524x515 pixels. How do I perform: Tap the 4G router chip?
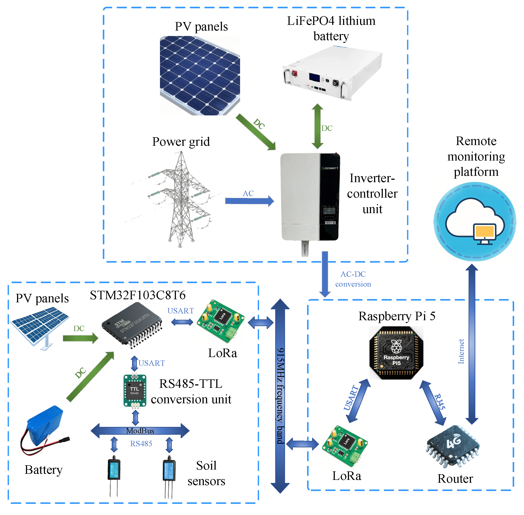click(453, 446)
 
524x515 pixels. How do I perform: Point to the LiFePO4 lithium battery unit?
click(332, 73)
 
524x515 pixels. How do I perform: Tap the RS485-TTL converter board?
click(135, 391)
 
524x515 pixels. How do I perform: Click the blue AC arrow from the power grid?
click(249, 201)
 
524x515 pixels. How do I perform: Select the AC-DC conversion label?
click(353, 279)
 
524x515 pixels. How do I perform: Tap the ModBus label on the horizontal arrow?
click(140, 431)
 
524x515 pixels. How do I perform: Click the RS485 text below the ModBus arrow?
click(141, 444)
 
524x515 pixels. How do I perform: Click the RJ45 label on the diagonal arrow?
click(439, 401)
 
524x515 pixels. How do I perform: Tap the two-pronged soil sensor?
click(114, 476)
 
